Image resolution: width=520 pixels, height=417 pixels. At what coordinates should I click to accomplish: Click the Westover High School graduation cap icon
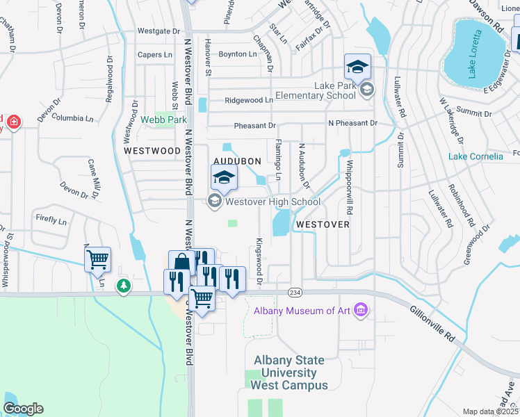224,179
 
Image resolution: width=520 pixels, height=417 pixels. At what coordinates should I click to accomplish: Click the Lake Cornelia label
476,156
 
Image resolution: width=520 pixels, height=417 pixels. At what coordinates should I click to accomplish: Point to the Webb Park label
164,120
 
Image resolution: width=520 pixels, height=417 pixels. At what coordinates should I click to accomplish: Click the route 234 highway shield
295,293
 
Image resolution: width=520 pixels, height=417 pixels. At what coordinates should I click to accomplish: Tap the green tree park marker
124,286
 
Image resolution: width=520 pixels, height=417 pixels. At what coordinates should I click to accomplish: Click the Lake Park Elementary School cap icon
357,67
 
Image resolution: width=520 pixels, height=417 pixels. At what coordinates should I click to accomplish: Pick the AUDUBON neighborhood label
237,161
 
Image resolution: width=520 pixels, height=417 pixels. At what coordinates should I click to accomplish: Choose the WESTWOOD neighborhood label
152,150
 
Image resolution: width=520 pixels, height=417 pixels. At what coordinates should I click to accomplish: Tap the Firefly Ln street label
51,220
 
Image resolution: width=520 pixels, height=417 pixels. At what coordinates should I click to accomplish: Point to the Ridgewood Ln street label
248,100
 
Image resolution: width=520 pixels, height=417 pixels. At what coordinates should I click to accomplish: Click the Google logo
22,409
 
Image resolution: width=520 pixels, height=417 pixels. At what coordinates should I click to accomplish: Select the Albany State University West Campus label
289,373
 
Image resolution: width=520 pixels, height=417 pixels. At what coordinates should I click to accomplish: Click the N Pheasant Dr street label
352,123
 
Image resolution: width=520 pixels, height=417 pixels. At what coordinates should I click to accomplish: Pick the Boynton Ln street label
238,54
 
